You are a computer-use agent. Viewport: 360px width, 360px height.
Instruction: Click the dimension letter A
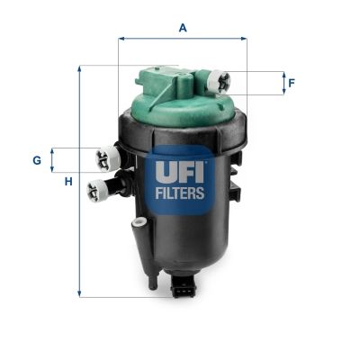[x=183, y=28]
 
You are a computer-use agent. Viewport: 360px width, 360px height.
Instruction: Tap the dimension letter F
[x=292, y=84]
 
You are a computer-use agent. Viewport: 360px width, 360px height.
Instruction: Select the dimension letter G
[x=37, y=160]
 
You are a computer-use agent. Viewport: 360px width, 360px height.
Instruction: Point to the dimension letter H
[x=67, y=183]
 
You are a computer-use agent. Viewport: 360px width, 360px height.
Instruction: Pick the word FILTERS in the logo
[x=182, y=192]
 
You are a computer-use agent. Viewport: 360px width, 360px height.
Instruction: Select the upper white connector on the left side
[x=107, y=158]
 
